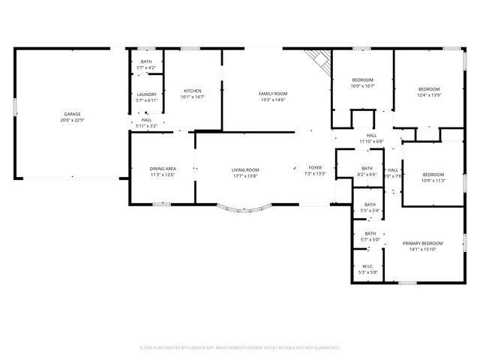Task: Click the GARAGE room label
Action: tap(72, 114)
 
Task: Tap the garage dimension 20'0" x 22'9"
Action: tap(72, 120)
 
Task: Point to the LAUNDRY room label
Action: tap(145, 94)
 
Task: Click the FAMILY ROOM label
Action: tap(273, 94)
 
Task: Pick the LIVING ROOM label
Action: tap(244, 169)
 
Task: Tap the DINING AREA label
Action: tap(163, 169)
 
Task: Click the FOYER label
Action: tap(315, 167)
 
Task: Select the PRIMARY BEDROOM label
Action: tap(422, 244)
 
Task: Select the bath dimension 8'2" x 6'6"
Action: tap(367, 174)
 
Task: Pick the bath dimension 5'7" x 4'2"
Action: tap(145, 68)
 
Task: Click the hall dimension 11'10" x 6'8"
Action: tap(371, 141)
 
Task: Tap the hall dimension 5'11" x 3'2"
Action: tap(146, 126)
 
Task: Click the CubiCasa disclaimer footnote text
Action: tap(240, 348)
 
